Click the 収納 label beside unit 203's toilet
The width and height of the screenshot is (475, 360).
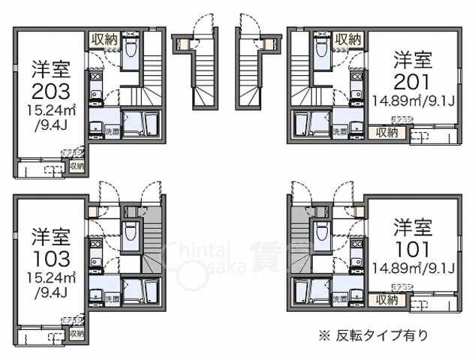pyautogui.click(x=104, y=39)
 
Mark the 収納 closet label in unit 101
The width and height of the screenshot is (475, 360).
pyautogui.click(x=387, y=300)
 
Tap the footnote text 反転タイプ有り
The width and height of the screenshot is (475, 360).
pyautogui.click(x=384, y=333)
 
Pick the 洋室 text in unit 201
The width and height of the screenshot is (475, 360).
pyautogui.click(x=412, y=58)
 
